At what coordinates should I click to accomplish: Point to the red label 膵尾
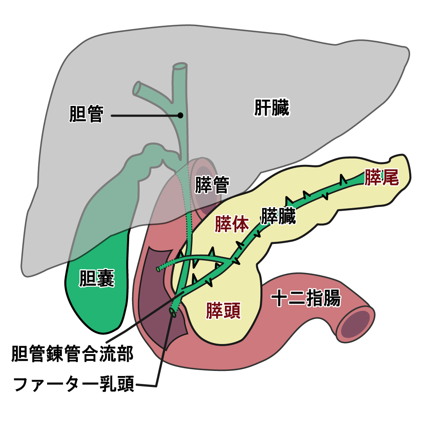[381, 177]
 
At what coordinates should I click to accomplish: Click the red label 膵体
[232, 224]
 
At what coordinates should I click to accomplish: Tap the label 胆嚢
[97, 278]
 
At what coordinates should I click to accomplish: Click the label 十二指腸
[306, 299]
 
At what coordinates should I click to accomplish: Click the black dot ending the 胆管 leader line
[180, 115]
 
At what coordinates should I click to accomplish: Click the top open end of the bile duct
[180, 66]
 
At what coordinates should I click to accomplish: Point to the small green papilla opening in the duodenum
[172, 312]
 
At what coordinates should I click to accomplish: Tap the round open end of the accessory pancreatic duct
[159, 268]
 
